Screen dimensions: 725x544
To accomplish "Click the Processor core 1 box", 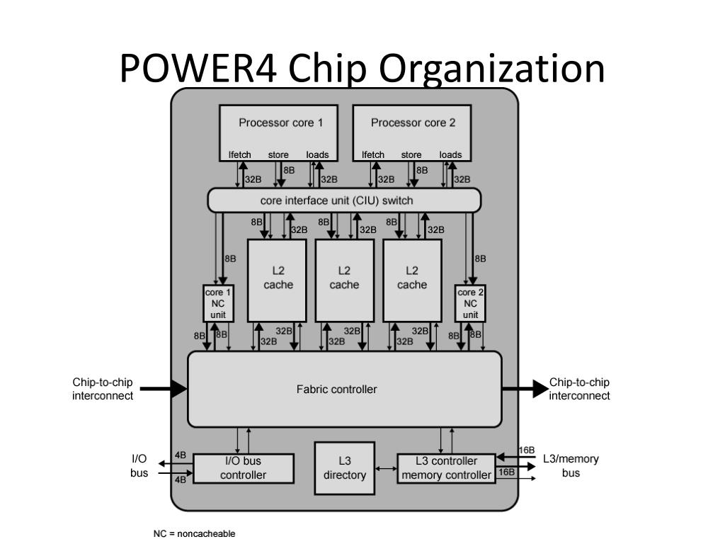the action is point(278,132).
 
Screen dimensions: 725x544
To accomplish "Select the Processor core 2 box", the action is point(412,132).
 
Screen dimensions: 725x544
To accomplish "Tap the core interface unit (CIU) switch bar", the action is point(345,200).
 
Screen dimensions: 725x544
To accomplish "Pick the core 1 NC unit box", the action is point(218,303).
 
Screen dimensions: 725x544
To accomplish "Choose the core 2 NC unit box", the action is point(470,303).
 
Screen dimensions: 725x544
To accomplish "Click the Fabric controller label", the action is point(336,390).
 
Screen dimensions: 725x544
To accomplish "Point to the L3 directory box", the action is point(345,468).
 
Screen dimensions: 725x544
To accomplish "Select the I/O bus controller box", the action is point(244,468).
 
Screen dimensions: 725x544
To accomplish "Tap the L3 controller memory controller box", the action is point(446,468).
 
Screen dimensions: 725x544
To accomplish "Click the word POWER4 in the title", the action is point(198,69).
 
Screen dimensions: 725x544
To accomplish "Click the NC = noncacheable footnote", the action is point(194,534).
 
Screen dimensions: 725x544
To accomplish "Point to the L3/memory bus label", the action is point(571,466).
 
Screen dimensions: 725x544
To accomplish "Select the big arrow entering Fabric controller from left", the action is point(164,389).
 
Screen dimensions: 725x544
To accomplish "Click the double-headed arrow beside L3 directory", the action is point(386,469).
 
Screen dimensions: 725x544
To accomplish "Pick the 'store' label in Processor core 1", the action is point(278,155).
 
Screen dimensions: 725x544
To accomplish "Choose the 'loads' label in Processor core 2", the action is point(450,155).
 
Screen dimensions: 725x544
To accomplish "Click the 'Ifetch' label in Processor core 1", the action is point(239,155).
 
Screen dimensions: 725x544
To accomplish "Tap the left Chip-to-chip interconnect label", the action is point(103,389).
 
